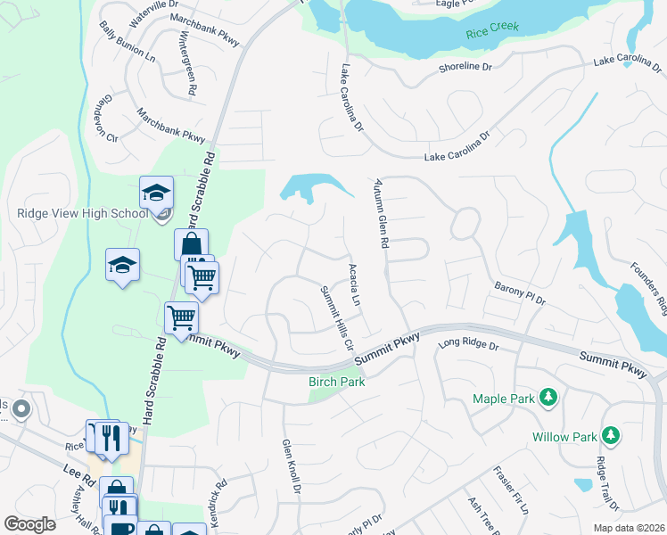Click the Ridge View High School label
82,213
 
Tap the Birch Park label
337,382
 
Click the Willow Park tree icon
611,434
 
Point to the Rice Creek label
491,34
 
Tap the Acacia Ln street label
354,284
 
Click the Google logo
29,524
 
